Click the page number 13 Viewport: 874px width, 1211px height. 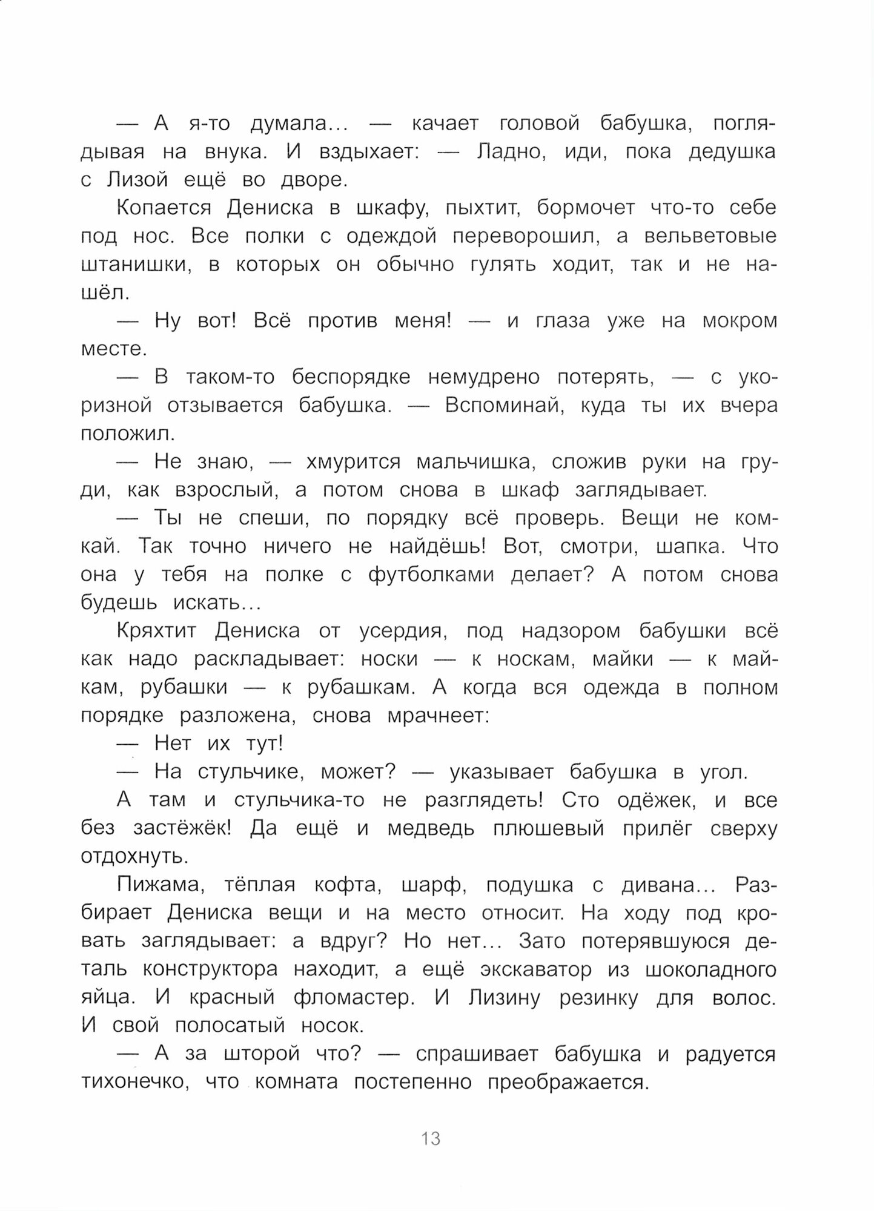point(431,1138)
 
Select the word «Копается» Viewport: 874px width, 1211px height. point(164,208)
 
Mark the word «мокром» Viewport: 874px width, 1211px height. point(740,320)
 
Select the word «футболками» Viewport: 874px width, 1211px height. point(431,575)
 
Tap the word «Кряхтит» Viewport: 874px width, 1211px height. point(156,631)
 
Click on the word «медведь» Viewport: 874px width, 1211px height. point(431,828)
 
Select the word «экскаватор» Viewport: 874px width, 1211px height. point(535,969)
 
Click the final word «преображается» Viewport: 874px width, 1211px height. point(568,1082)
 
